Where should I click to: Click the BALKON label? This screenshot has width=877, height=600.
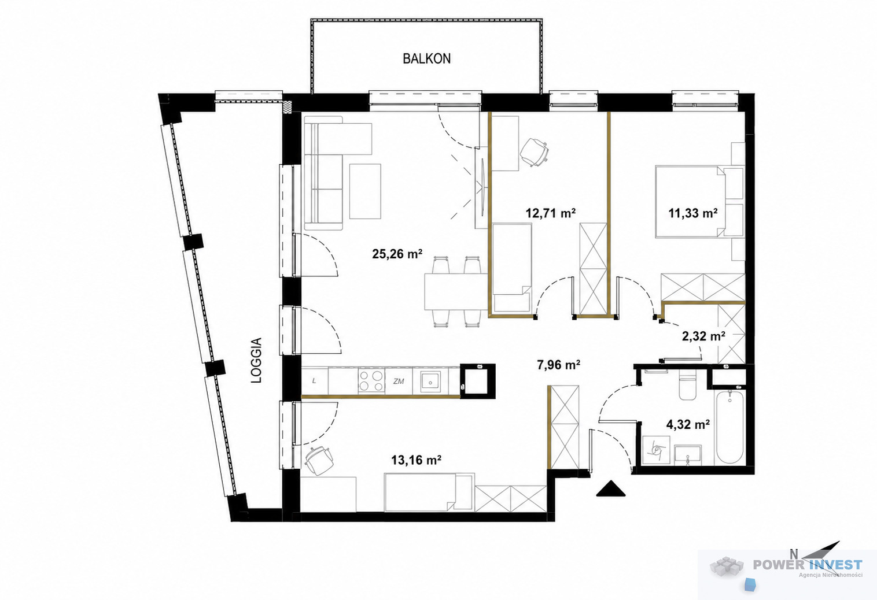pos(427,58)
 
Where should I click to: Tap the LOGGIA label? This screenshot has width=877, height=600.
pos(256,360)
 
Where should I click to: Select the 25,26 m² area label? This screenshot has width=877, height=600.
pos(397,254)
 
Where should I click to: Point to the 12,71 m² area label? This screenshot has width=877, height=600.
pos(551,213)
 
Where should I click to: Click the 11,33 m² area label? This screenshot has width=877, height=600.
pos(693,213)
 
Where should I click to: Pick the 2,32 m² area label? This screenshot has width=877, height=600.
pos(703,336)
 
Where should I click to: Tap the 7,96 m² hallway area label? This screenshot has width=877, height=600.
pos(558,365)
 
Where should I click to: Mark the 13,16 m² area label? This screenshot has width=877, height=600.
pos(416,460)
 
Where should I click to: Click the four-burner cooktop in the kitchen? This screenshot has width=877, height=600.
pos(371,381)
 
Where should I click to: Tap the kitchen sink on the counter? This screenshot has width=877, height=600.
pos(430,381)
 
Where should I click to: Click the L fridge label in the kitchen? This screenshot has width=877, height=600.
pos(314,381)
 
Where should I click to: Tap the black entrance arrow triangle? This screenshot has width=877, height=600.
pos(611,490)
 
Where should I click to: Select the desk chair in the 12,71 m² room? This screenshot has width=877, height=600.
pos(534,152)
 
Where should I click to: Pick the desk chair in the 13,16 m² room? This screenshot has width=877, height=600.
pos(319,460)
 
